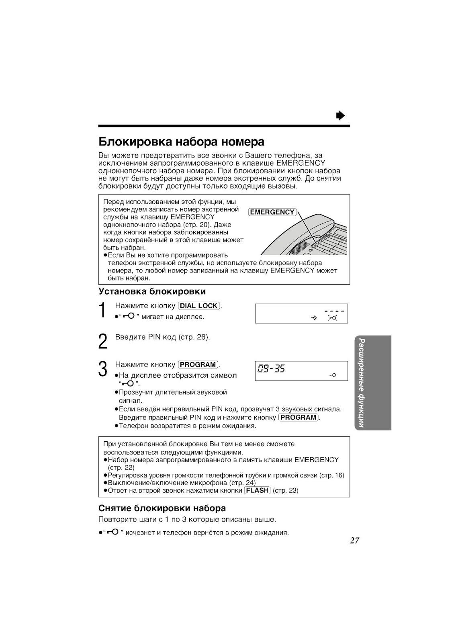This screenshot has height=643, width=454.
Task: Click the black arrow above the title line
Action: tap(341, 116)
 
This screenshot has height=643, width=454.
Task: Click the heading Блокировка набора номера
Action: tap(181, 142)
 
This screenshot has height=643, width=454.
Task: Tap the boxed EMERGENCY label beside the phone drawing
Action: tap(272, 212)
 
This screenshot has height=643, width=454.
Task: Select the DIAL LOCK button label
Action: tap(199, 306)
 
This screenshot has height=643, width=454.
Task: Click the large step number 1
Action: tap(103, 311)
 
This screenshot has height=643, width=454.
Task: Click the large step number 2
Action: tap(103, 341)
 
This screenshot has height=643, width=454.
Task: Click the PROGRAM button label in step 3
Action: tap(198, 365)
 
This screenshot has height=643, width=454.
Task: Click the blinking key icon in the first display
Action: tap(332, 318)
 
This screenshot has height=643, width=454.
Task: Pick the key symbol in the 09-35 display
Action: tap(332, 375)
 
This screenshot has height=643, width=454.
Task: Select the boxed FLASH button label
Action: tap(257, 491)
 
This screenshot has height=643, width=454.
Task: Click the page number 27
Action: tap(354, 541)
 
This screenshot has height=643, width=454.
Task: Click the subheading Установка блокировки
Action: tap(152, 291)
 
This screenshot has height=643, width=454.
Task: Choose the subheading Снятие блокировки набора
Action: tap(162, 508)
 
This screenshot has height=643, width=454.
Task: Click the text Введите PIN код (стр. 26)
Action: tap(162, 337)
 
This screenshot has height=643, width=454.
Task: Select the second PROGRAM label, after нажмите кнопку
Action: tap(299, 417)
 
